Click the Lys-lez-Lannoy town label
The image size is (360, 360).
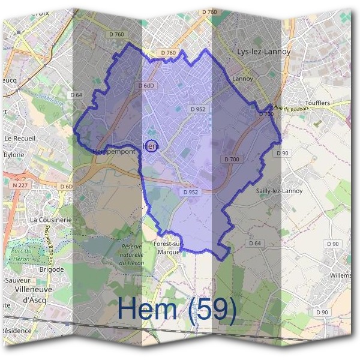point(264,52)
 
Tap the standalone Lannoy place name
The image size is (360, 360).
point(243,79)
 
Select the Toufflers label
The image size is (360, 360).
point(317,103)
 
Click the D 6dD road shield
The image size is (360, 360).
point(147,86)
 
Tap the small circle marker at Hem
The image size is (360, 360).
point(152,146)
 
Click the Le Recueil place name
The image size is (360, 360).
point(20,138)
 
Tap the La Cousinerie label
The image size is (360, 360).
point(51,220)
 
